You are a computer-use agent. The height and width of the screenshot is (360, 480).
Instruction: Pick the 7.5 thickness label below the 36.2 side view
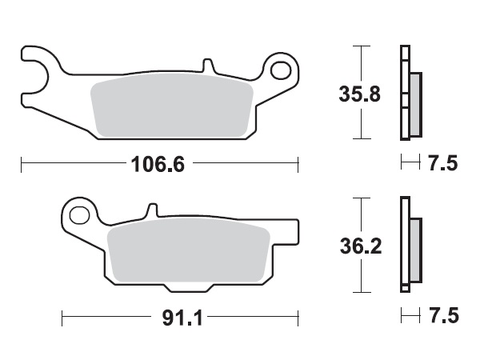(443, 318)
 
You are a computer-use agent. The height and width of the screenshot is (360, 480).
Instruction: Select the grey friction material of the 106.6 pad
(172, 107)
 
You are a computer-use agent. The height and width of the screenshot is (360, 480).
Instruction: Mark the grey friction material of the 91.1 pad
(188, 251)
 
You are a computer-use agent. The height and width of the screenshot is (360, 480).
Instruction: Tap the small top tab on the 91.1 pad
(150, 210)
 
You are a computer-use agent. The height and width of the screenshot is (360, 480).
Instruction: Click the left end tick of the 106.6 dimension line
(20, 166)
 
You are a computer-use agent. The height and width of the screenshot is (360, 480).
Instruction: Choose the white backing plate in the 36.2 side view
(404, 248)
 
